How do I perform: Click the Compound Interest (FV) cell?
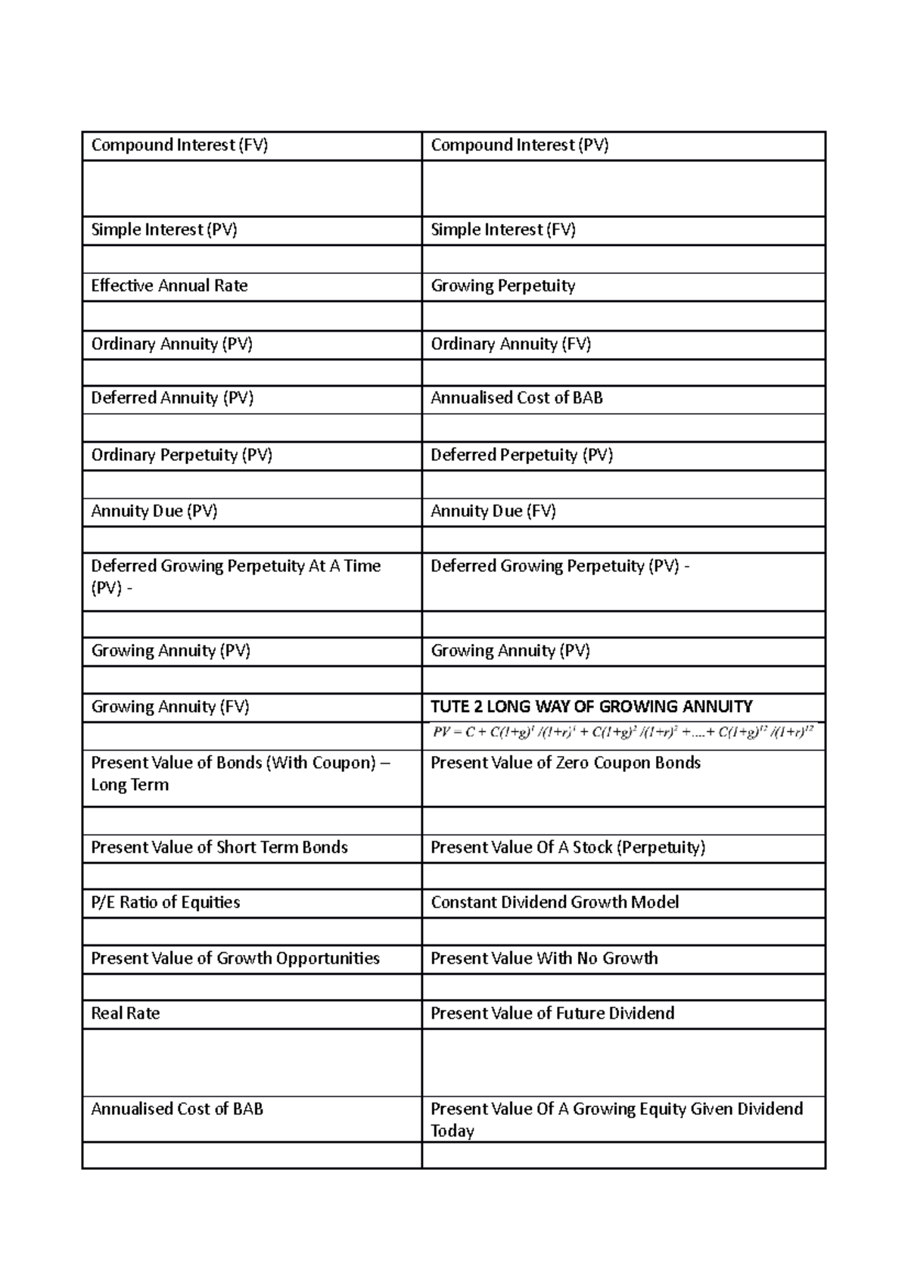tap(179, 145)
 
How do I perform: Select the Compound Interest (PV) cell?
tap(519, 145)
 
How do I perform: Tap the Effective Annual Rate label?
tap(169, 286)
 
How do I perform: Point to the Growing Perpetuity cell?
tap(503, 286)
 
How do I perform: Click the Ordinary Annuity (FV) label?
tap(511, 344)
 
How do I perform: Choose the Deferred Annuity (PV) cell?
tap(172, 398)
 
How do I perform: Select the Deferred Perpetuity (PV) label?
tap(521, 455)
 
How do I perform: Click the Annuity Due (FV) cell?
tap(493, 512)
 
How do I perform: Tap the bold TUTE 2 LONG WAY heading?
tap(591, 707)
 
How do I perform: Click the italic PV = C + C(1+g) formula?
tap(623, 732)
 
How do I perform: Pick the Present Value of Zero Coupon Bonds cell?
tap(565, 763)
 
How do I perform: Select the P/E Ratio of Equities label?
tap(166, 902)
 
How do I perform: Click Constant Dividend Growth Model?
tap(555, 902)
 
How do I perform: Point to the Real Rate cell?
tap(126, 1013)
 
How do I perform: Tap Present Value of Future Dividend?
tap(552, 1013)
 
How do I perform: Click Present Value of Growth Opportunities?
tap(235, 958)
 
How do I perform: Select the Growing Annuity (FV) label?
tap(170, 707)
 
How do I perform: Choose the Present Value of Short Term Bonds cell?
tap(219, 848)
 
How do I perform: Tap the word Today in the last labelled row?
tap(452, 1131)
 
